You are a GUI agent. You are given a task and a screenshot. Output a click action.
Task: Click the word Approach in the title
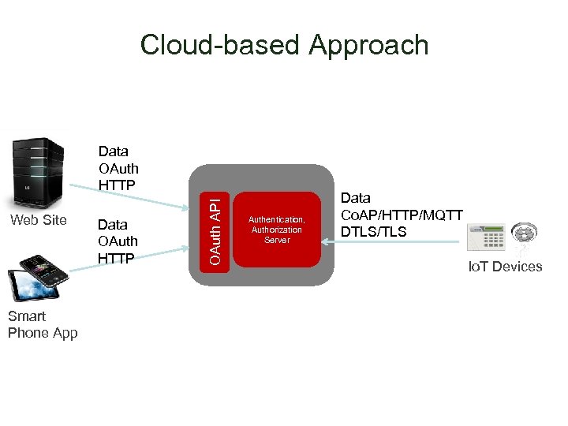(368, 45)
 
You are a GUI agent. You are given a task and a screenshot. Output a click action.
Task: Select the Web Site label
(38, 220)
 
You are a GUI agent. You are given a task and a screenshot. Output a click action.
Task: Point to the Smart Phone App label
(43, 324)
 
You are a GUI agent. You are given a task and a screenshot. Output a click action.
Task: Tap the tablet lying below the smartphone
(30, 286)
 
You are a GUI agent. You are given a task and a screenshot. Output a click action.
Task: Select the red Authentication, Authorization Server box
(276, 230)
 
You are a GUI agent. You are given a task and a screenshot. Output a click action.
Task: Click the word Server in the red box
(276, 240)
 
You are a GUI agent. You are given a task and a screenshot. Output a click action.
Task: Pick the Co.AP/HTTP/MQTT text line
(402, 215)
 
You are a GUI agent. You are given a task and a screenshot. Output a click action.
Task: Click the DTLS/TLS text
(373, 231)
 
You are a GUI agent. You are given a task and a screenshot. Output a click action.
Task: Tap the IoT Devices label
(505, 267)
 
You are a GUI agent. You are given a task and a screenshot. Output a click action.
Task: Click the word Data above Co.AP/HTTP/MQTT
(356, 198)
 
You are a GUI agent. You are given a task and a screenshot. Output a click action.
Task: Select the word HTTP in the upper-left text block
(117, 185)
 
